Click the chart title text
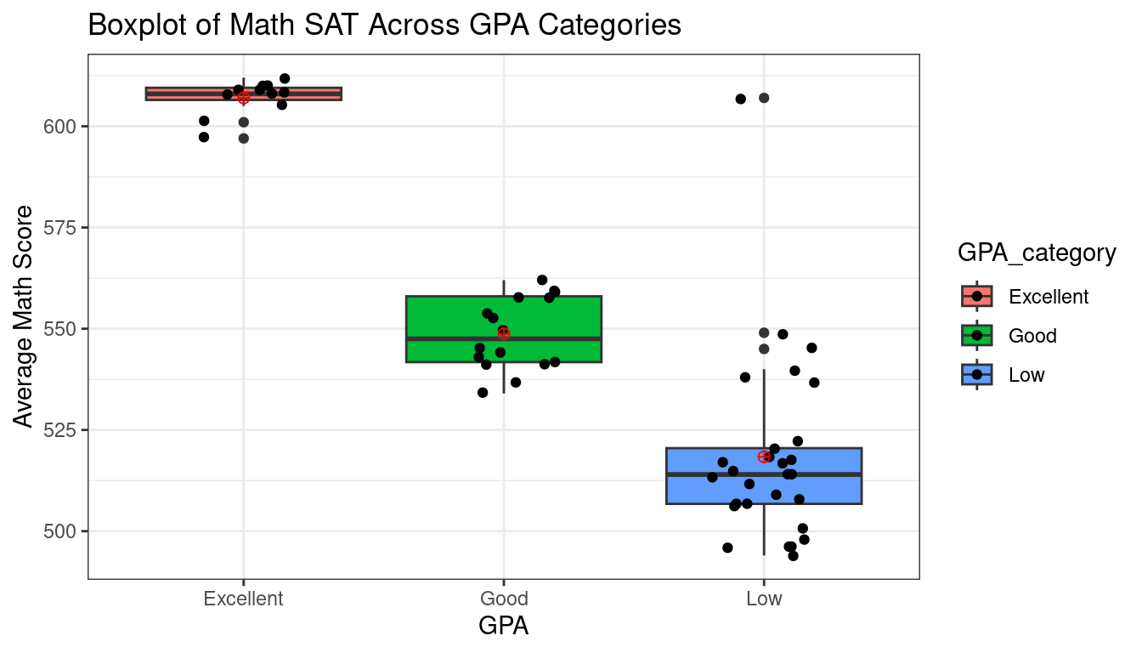[384, 26]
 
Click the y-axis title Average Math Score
[25, 316]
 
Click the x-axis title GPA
[503, 627]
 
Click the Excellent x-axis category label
[243, 599]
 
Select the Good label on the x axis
[503, 599]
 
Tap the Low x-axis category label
[763, 599]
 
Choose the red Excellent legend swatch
[977, 296]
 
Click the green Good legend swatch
[977, 335]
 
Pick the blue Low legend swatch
[977, 374]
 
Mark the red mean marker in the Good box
[504, 333]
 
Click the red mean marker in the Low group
[764, 457]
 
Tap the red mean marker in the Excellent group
[244, 99]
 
